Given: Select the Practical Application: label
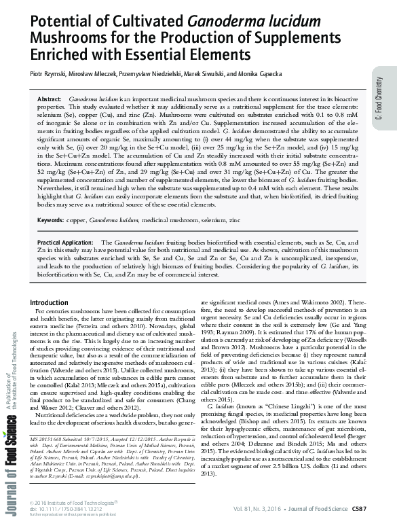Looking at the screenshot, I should [65, 223].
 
